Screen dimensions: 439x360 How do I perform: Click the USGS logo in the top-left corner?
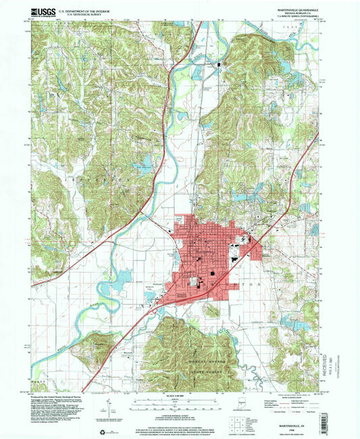coord(43,11)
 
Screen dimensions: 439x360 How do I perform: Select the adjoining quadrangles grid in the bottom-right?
coord(237,423)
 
